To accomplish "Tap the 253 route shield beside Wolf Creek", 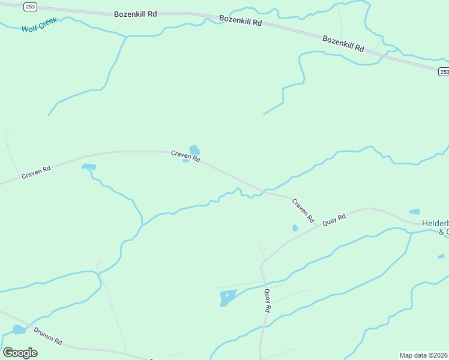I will click(31, 7).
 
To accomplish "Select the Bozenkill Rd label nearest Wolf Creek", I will click(136, 13).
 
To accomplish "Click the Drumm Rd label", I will click(48, 335).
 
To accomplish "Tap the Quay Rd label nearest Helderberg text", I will click(334, 220).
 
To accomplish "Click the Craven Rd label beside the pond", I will click(185, 156).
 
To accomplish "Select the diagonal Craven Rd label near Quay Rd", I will click(303, 210).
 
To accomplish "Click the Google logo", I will click(20, 352).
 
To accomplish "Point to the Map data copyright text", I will click(424, 355).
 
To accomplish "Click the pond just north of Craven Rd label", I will click(194, 149).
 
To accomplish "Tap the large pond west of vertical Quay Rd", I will click(228, 296).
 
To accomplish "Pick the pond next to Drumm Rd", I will click(19, 329).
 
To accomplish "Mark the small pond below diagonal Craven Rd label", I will click(295, 228).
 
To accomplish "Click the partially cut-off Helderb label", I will click(435, 223).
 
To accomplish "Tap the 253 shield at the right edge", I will click(443, 72).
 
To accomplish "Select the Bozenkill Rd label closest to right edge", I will click(343, 43).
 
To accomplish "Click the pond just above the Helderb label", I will click(414, 212).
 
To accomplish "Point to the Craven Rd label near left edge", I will click(36, 172).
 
